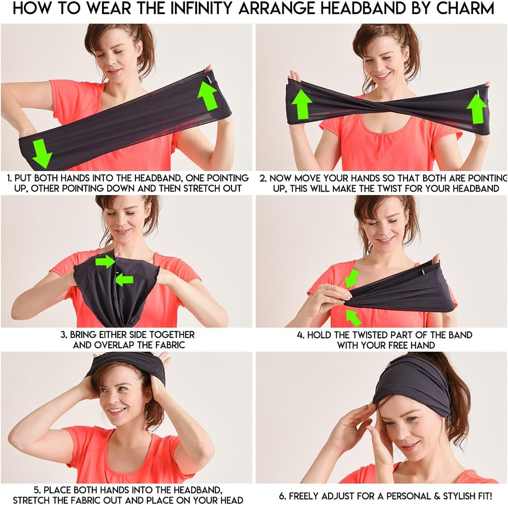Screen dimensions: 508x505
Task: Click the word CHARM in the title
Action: click(x=465, y=8)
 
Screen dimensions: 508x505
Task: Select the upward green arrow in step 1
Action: click(x=207, y=95)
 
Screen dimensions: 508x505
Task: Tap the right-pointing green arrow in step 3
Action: click(x=105, y=261)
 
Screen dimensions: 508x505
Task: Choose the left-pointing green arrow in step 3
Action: click(x=124, y=280)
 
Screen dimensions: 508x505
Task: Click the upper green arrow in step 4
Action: click(x=352, y=279)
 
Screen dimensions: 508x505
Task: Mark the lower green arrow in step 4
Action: click(x=353, y=318)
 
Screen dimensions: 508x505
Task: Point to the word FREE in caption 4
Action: click(x=394, y=345)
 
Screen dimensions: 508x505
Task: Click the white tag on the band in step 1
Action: click(x=210, y=79)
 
